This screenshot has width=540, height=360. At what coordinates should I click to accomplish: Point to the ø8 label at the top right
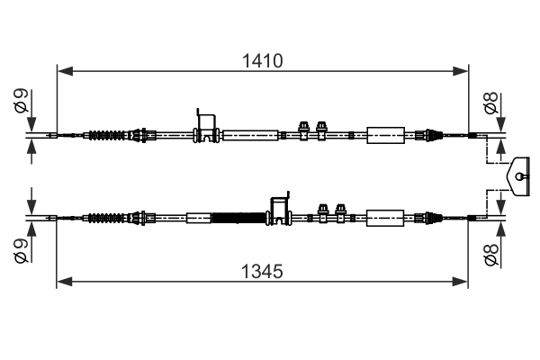pyautogui.click(x=490, y=105)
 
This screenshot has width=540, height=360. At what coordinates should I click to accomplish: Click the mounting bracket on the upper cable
pyautogui.click(x=207, y=127)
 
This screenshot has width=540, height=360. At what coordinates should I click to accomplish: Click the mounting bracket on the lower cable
pyautogui.click(x=280, y=209)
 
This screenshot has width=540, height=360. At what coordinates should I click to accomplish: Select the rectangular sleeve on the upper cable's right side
pyautogui.click(x=386, y=136)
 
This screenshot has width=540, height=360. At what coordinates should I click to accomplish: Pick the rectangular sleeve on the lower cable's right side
pyautogui.click(x=386, y=217)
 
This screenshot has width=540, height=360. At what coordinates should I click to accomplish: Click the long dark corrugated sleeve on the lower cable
pyautogui.click(x=239, y=217)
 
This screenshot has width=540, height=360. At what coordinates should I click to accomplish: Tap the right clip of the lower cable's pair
pyautogui.click(x=340, y=212)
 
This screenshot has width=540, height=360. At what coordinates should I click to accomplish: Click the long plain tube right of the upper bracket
pyautogui.click(x=249, y=136)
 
